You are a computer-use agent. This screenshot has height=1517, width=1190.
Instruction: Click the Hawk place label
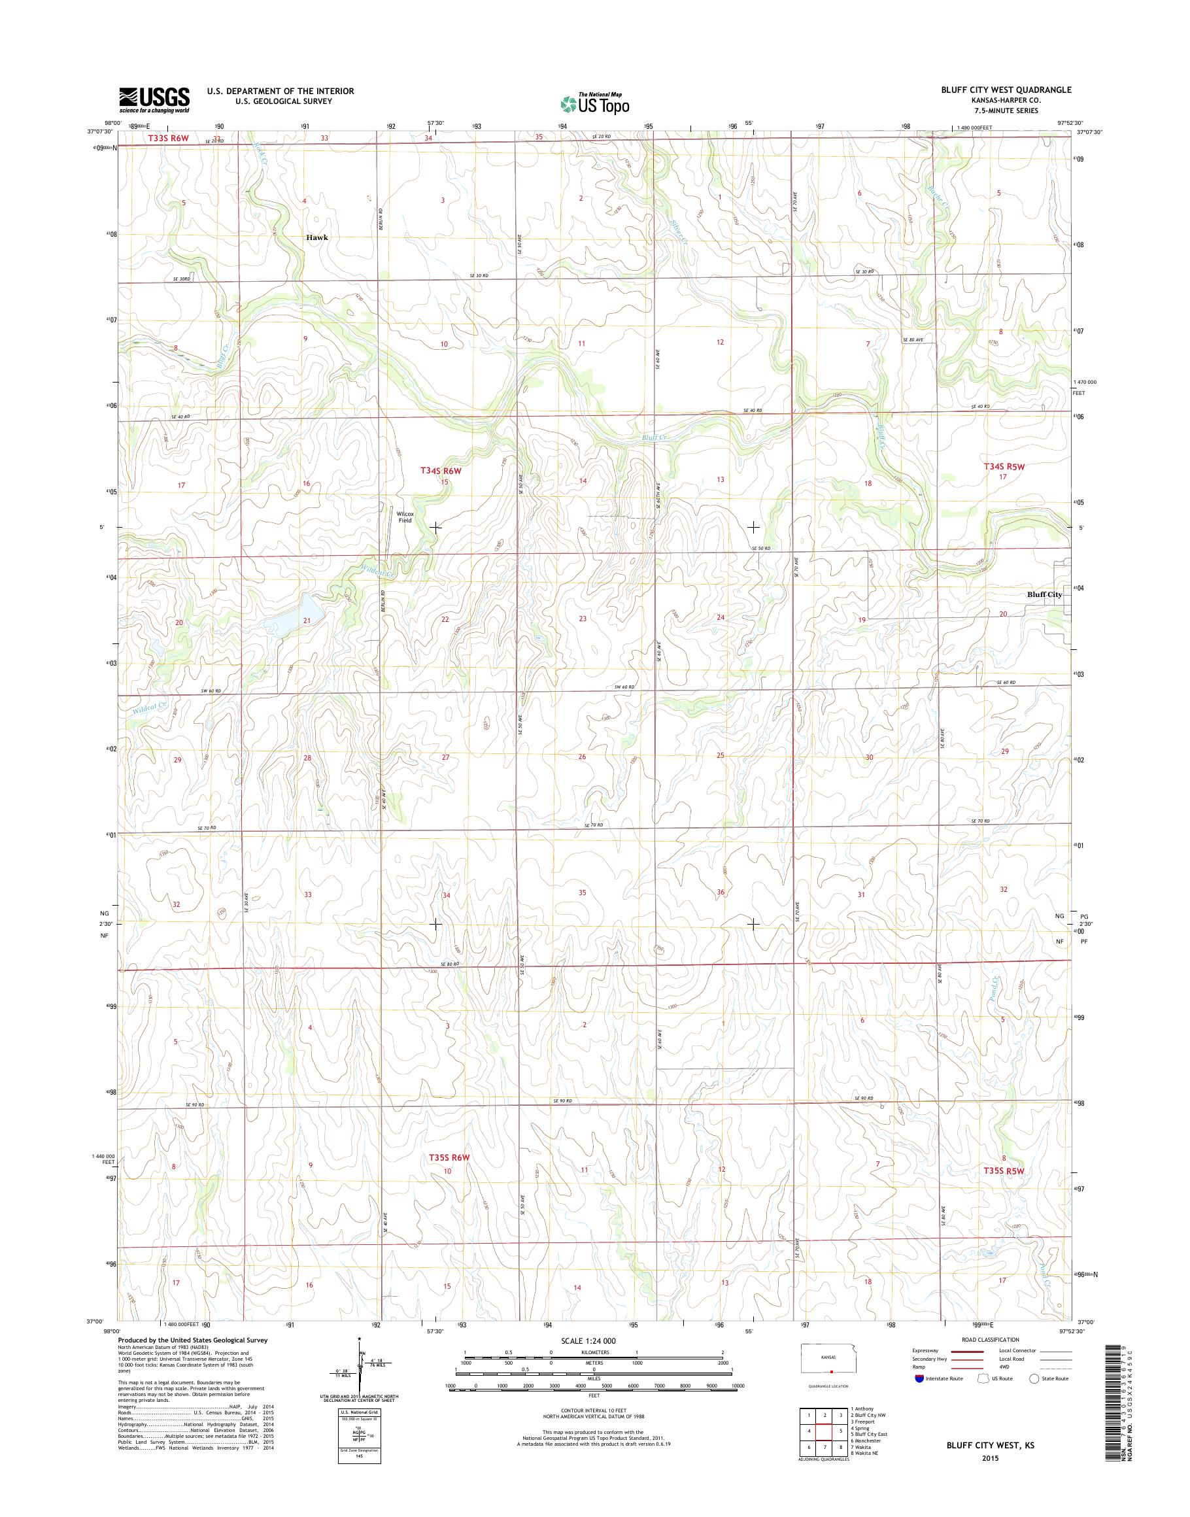[x=316, y=237]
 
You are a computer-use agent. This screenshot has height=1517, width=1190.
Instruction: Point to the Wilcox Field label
[x=405, y=517]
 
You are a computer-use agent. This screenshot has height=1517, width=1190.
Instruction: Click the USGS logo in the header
[x=155, y=100]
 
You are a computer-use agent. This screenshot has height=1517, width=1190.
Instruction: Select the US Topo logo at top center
[x=595, y=103]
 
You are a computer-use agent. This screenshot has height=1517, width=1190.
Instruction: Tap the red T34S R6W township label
[x=441, y=471]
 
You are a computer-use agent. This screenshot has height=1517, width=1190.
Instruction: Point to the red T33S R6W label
[x=168, y=139]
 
